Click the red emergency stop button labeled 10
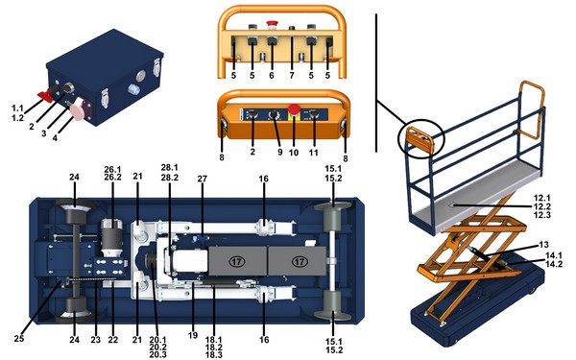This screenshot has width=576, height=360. coord(294,109)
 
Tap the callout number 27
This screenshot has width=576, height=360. coord(203,179)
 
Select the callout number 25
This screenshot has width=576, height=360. coord(19,338)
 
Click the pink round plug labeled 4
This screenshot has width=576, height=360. coord(79,108)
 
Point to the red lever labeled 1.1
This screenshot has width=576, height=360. coord(45,95)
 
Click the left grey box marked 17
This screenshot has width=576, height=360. coord(237,261)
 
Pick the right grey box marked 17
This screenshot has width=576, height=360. coord(298,261)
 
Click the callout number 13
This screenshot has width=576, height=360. coord(543,244)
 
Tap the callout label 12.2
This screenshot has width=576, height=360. coord(542,206)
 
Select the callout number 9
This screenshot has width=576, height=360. coord(280,152)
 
